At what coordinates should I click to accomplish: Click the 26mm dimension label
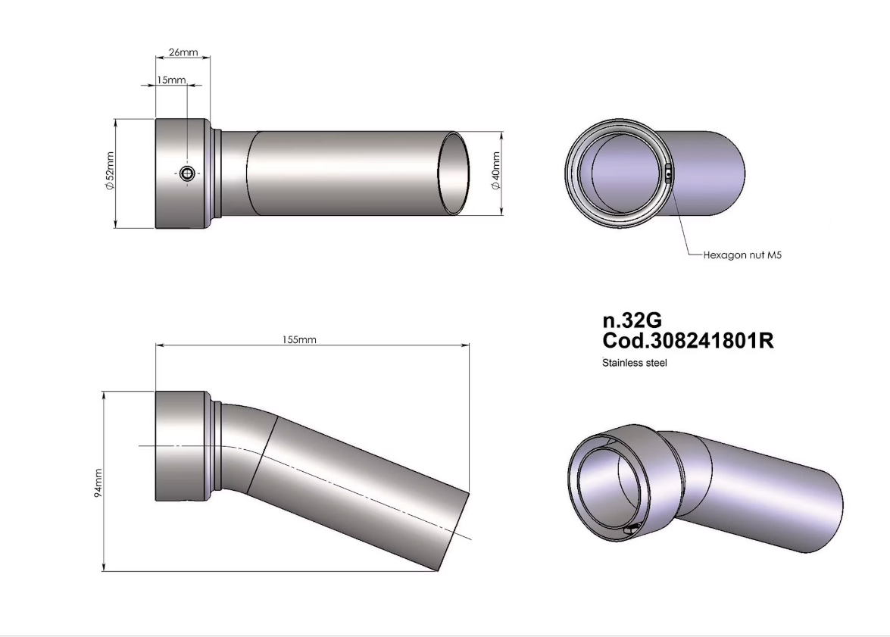[183, 53]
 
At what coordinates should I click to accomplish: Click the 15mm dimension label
[170, 80]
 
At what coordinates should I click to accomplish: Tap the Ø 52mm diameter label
[111, 173]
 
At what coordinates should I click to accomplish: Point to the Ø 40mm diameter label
[496, 173]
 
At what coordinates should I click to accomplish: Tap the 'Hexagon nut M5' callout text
[742, 255]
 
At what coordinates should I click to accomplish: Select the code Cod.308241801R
[687, 341]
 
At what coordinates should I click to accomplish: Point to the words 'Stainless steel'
[634, 363]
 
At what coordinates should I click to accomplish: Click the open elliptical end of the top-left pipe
[455, 173]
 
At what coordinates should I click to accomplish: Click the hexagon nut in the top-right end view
[668, 173]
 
